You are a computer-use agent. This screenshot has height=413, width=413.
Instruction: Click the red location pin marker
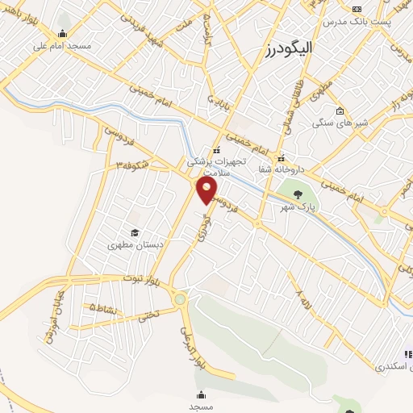coord(207,190)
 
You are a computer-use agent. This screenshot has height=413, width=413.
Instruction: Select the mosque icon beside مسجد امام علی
coord(63,33)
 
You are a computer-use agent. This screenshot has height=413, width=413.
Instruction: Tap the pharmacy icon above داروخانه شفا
coord(282,155)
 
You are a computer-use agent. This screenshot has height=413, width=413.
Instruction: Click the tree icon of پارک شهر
coord(299,194)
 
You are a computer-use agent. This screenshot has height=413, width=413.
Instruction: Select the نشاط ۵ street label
coord(103,309)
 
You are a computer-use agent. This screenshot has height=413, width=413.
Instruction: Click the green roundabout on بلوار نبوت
coord(179,300)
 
